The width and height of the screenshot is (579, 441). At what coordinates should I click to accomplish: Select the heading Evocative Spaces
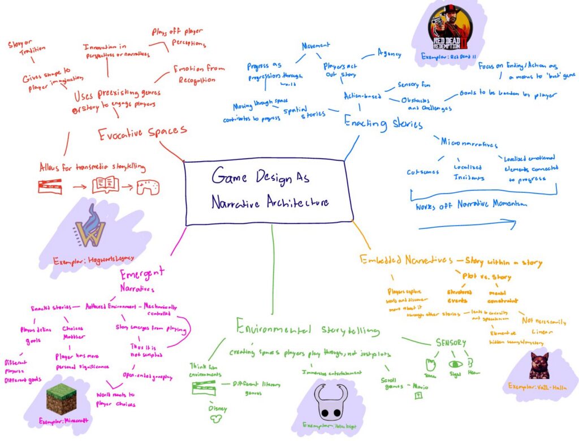tap(142, 133)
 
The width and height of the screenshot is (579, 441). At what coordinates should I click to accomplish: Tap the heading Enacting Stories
tap(383, 123)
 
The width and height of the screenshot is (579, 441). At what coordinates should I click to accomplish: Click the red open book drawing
tap(105, 185)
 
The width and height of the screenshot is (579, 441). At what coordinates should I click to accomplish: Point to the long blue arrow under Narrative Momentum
tap(466, 226)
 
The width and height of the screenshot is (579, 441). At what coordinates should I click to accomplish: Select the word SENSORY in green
tap(451, 343)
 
